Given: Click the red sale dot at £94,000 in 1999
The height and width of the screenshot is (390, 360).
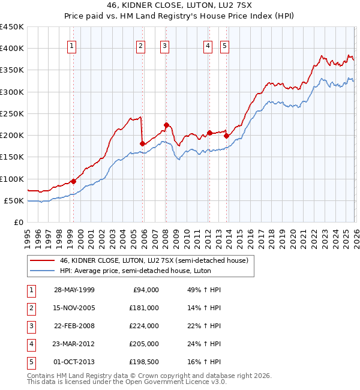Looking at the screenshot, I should pyautogui.click(x=73, y=181).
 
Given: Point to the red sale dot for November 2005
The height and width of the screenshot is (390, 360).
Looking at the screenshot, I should pyautogui.click(x=142, y=143).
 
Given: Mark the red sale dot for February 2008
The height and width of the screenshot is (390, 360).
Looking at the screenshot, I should pyautogui.click(x=166, y=125).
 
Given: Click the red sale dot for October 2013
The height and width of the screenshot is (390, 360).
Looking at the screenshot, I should pyautogui.click(x=226, y=136).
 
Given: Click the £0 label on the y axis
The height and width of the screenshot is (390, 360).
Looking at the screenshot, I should pyautogui.click(x=18, y=222).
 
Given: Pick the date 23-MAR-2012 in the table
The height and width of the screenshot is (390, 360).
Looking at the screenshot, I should pyautogui.click(x=74, y=344).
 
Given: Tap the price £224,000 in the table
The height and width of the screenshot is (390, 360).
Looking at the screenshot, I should pyautogui.click(x=144, y=326).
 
